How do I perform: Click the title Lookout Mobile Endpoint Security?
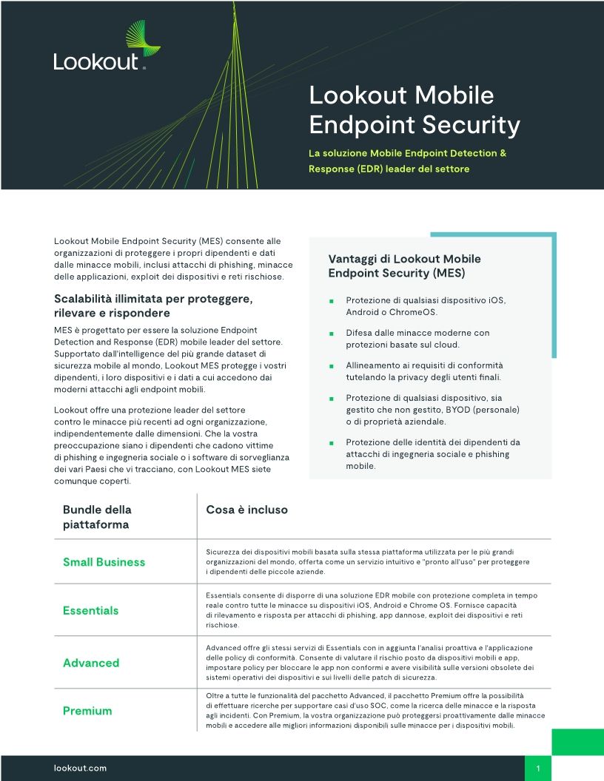point(415,110)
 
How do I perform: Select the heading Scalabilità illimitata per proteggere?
point(154,306)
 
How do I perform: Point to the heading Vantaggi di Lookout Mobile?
point(404,266)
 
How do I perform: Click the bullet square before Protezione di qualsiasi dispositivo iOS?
point(332,301)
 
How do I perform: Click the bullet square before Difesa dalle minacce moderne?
point(332,334)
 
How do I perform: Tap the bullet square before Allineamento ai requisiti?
point(332,366)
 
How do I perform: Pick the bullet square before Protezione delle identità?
point(332,443)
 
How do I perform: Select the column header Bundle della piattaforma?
point(97,517)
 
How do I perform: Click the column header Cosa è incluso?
point(246,510)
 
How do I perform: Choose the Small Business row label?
point(104,562)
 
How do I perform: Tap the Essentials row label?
point(90,610)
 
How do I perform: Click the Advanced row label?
point(90,663)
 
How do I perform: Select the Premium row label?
point(87,711)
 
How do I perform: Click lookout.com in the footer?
point(81,768)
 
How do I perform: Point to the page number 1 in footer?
point(538,768)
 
